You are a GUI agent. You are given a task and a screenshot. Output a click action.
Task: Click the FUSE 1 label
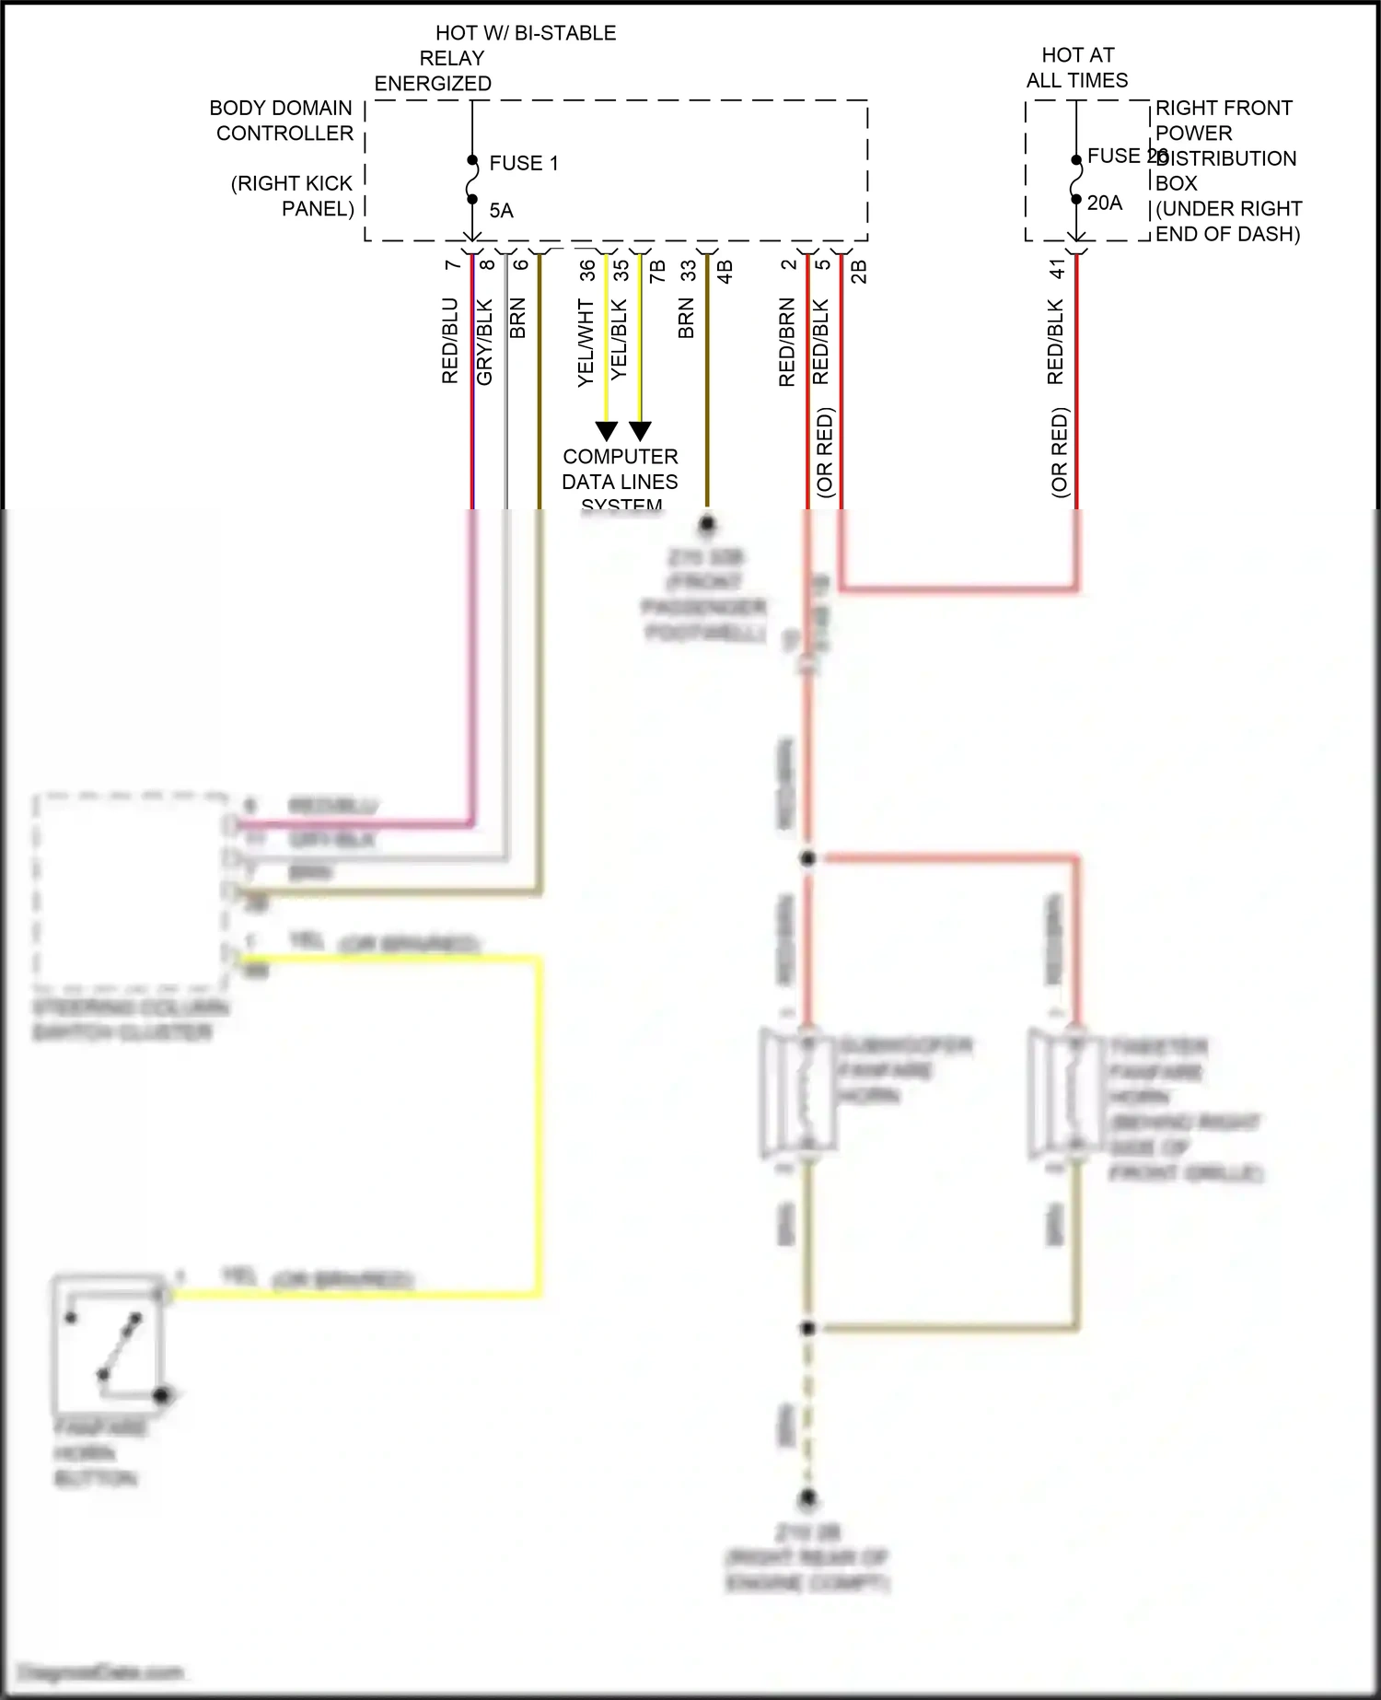(x=523, y=163)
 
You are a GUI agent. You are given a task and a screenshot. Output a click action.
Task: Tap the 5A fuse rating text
(x=501, y=211)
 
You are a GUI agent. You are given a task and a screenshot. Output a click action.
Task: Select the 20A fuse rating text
(x=1104, y=204)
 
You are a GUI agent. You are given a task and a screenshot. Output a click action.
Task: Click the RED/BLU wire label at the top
(x=450, y=341)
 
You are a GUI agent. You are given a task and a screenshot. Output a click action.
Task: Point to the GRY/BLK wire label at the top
(x=485, y=342)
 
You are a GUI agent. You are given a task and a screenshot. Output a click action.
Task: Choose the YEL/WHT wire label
(x=586, y=343)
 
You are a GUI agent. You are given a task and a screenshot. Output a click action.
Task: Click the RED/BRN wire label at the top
(x=786, y=342)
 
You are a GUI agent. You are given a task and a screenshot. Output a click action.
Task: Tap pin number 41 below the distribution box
(x=1057, y=268)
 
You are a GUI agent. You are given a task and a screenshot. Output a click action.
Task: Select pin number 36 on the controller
(x=586, y=270)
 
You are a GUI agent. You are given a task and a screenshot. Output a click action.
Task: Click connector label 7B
(x=656, y=272)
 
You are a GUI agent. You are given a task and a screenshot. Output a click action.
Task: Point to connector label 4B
(x=725, y=272)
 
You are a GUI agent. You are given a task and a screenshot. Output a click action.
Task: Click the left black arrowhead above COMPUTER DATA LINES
(x=606, y=431)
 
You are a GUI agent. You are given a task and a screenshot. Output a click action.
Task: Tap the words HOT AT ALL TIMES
(x=1077, y=68)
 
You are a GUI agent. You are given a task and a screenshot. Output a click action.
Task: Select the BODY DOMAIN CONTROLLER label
(x=283, y=121)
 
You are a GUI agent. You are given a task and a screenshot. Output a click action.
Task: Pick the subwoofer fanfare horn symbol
(x=798, y=1092)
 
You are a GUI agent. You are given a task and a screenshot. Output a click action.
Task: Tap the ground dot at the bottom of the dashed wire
(x=807, y=1498)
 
